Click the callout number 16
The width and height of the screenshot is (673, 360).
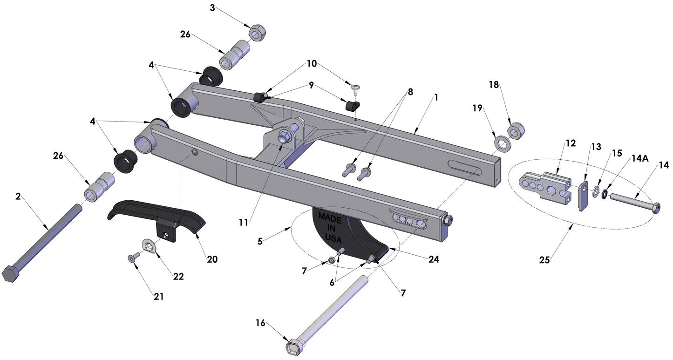pos(260,323)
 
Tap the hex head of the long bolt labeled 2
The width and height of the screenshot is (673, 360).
pos(10,273)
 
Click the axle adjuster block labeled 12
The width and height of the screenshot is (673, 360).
pos(545,186)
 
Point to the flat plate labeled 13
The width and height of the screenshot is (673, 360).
pos(582,197)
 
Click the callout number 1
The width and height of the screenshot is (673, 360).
pos(436,97)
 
